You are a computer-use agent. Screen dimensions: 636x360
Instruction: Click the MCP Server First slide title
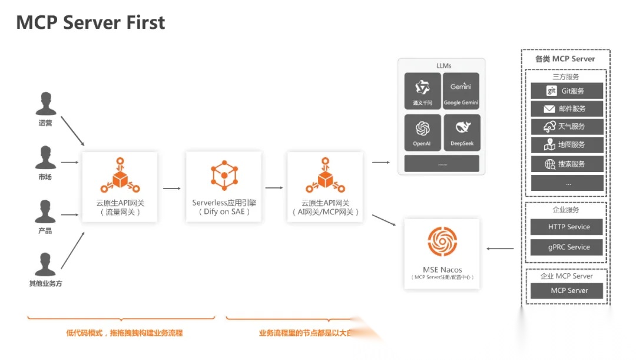pos(91,22)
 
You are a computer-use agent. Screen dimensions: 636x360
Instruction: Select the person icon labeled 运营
pos(45,104)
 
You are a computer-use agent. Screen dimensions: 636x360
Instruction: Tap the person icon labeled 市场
pos(45,157)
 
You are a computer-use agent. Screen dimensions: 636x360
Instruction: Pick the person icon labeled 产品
pos(45,212)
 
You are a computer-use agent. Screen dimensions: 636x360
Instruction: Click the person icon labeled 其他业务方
pos(45,265)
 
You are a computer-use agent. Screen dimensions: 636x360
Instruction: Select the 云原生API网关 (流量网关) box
pos(120,187)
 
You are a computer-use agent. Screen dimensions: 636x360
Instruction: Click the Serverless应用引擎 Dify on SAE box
pos(224,187)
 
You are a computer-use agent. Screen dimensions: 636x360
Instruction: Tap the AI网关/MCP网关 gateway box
pos(326,187)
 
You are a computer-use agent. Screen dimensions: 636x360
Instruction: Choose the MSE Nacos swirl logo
pos(442,242)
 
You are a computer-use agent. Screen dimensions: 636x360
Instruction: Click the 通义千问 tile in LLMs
pos(422,91)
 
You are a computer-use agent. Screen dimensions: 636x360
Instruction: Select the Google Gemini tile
pos(461,91)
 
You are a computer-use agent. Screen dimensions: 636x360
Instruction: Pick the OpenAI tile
pos(422,132)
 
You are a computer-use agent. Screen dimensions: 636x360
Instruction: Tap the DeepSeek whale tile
pos(461,132)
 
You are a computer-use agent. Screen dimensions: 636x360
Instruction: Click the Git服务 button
pos(567,91)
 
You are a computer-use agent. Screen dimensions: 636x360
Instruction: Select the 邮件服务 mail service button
pos(567,108)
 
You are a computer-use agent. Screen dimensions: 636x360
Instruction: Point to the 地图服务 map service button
pos(567,145)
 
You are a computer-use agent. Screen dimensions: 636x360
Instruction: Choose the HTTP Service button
pos(567,227)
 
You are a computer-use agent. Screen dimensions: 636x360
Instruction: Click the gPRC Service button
pos(567,247)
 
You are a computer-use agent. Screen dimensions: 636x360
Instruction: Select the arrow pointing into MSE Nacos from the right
pos(500,248)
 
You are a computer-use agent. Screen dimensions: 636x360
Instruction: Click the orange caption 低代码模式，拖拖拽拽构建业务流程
pos(124,333)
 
